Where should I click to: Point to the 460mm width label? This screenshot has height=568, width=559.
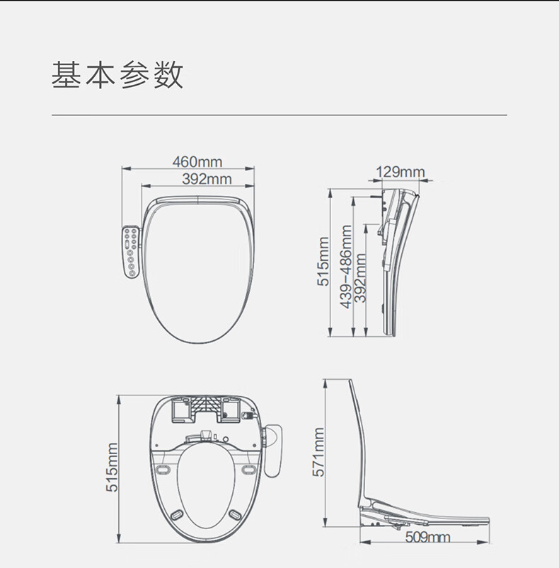pos(197,163)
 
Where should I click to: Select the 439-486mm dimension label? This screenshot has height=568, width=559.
pos(346,267)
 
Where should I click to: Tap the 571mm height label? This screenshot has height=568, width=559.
pos(318,452)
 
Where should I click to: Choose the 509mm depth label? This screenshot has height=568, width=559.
pos(427,537)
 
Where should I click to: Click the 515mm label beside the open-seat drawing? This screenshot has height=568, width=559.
pos(112,468)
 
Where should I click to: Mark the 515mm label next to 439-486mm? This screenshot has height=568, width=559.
pos(323,261)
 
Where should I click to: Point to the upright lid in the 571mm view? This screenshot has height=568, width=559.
pos(360,439)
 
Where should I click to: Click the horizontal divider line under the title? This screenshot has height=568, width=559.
pos(279,114)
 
